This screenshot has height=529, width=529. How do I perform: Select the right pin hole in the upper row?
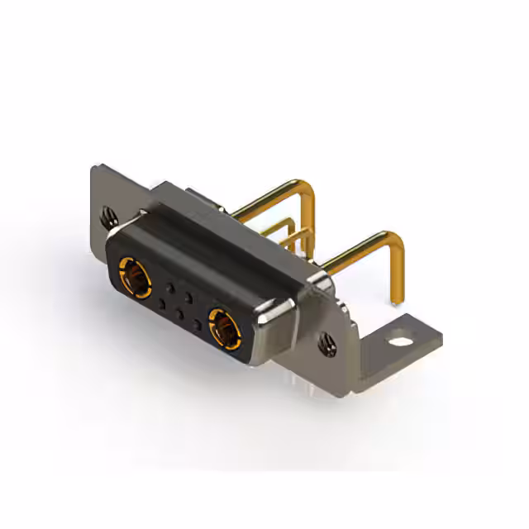coord(189,296)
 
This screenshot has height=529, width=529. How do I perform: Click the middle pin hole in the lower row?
coord(179,314)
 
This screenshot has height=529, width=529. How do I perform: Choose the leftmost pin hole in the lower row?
coord(161,304)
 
